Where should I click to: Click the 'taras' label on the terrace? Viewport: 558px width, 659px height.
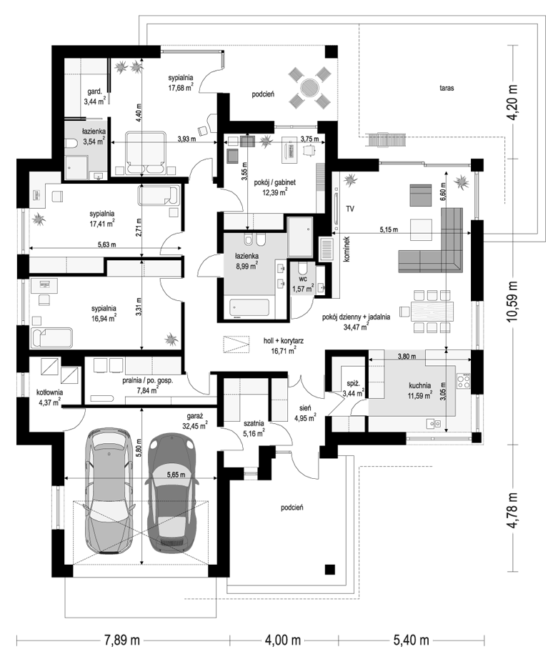point(447,88)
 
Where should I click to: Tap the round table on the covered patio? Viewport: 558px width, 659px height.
point(309,88)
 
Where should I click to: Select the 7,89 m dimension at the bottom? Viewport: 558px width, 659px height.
point(122,640)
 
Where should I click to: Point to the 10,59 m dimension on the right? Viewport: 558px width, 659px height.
point(512,302)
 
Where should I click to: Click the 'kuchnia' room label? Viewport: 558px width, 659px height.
point(420,385)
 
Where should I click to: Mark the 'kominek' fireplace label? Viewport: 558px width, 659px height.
point(347,249)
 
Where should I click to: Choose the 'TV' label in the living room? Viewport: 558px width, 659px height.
point(349,208)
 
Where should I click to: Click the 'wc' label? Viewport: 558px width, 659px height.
point(303,278)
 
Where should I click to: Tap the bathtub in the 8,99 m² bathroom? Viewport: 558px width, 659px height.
point(249,308)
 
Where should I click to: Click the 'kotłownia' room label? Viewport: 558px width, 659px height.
point(49,392)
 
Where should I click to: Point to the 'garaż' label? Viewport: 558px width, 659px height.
point(195,416)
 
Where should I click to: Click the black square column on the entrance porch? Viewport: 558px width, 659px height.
point(330,569)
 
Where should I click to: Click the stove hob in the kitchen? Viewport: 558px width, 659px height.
point(464,381)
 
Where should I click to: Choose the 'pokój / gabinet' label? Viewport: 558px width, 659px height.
point(275,182)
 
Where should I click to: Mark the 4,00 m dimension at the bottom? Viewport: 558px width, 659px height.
point(282,640)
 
